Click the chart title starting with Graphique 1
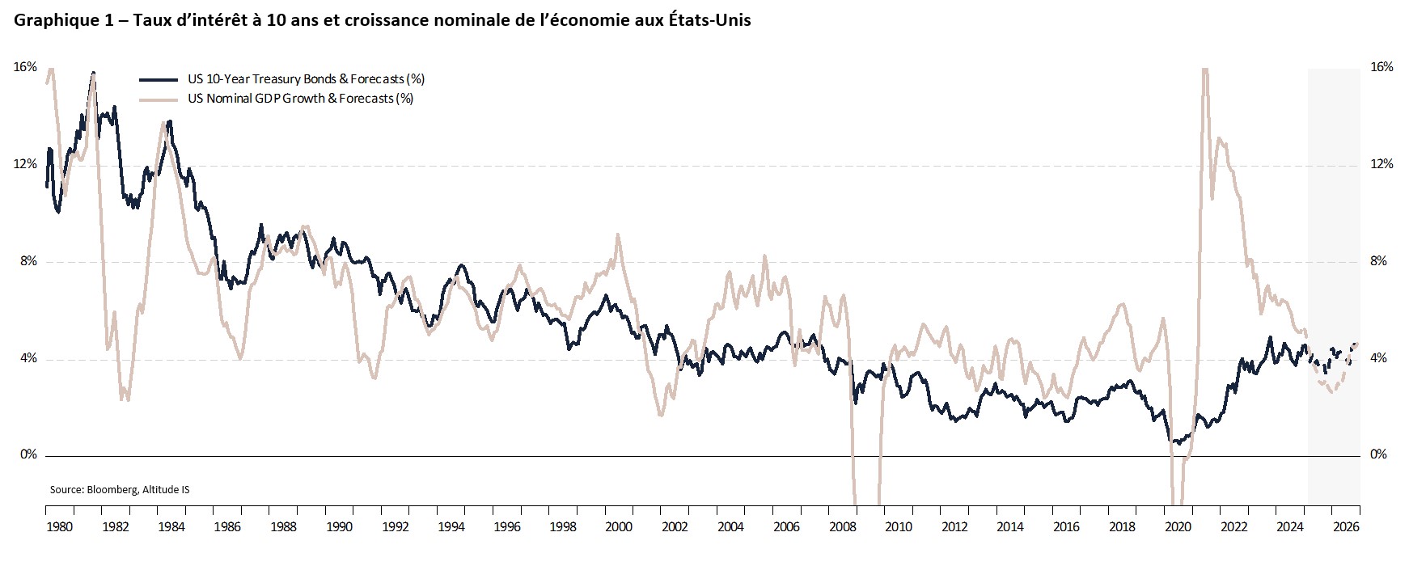coord(382,21)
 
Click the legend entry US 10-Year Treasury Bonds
coord(306,79)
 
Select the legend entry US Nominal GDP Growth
coord(300,99)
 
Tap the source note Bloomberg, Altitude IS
coord(120,490)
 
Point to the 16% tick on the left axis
coord(25,67)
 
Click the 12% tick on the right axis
coord(1382,164)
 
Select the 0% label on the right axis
coord(1379,455)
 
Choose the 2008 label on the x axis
coord(843,527)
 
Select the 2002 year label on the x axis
coord(675,527)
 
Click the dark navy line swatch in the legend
coord(158,79)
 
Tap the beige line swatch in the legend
coord(158,99)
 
